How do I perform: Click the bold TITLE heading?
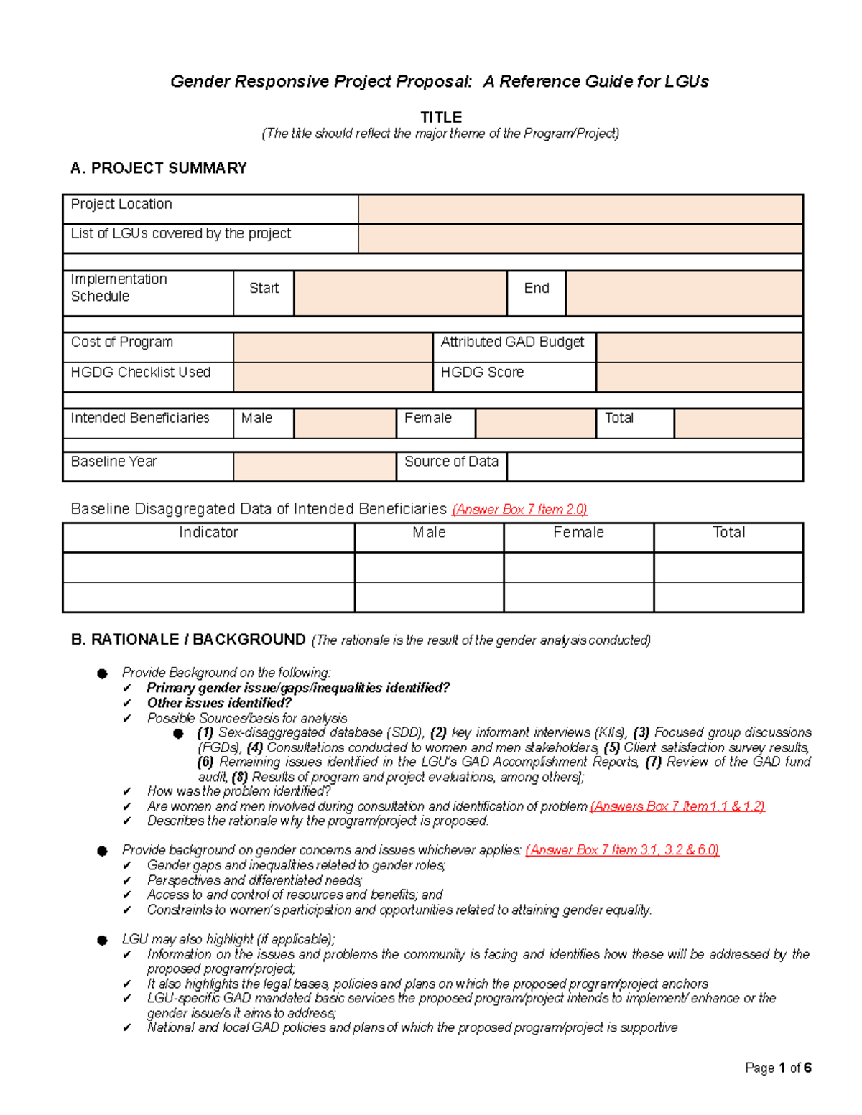pos(440,117)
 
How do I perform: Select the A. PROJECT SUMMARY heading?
pos(158,168)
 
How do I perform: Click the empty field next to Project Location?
pos(580,209)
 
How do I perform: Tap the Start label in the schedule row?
pos(264,289)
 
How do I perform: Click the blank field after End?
pos(683,293)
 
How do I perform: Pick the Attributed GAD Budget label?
pos(512,342)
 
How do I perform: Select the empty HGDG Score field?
pos(698,377)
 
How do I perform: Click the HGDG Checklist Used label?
pos(141,373)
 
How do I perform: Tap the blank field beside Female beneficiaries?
pos(535,423)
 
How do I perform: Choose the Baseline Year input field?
pos(315,466)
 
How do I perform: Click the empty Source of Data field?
pos(654,466)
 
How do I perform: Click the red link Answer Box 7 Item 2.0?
pos(519,510)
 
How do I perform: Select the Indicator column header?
pos(208,533)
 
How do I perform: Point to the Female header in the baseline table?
pos(578,533)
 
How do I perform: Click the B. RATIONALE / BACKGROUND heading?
pos(188,640)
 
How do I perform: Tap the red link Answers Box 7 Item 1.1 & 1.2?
pos(677,806)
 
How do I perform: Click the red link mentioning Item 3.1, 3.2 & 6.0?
pos(622,850)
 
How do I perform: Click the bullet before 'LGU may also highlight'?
pos(103,940)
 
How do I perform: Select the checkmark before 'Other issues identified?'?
pos(127,704)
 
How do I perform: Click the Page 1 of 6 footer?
pos(778,1068)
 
